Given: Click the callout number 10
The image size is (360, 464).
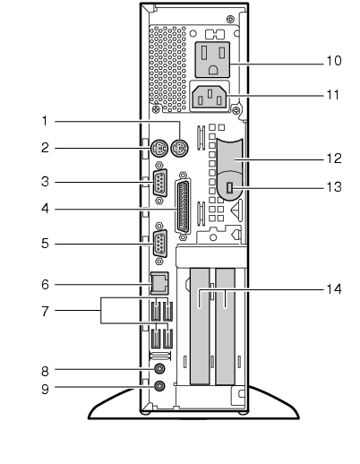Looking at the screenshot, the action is pos(334,61).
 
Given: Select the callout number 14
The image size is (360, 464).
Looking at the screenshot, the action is pos(334,289).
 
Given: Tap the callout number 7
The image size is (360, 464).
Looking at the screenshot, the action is pos(45,311).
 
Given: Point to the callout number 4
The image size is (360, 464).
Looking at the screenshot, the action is pos(45,209).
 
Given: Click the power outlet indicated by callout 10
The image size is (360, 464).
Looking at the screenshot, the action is pos(212,60).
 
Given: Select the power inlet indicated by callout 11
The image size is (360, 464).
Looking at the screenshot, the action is pos(210,97).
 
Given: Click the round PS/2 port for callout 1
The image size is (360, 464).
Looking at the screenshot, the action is pos(180,148).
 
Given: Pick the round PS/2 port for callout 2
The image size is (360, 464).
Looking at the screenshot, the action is pos(159,148).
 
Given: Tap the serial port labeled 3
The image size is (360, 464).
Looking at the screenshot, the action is pos(160,183).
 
